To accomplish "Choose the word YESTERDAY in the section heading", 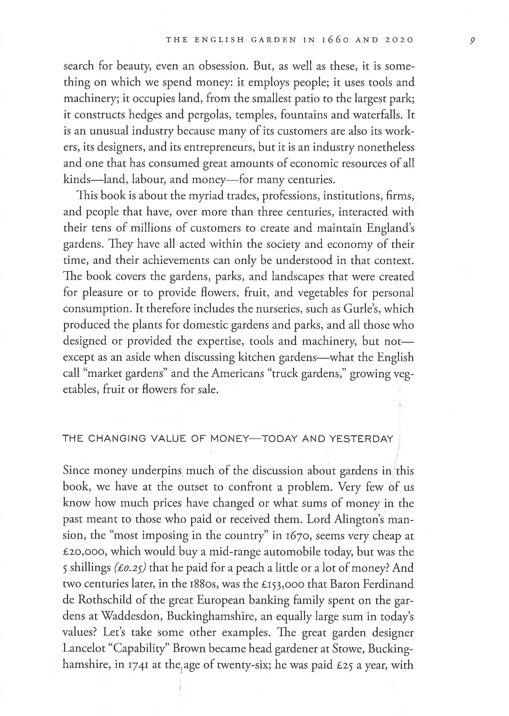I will coord(361,439).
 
